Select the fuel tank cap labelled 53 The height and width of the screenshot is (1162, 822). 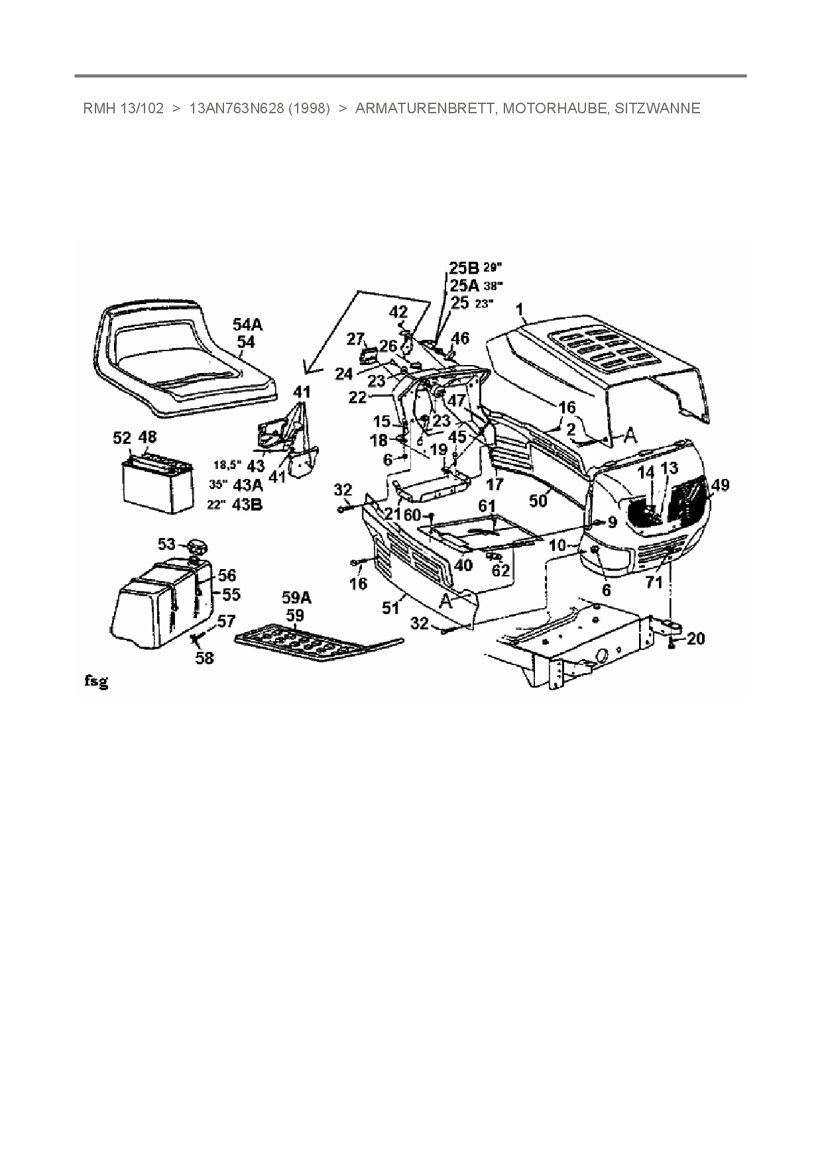[x=196, y=547]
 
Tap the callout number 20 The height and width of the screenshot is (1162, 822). [x=696, y=639]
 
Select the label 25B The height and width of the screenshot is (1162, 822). [x=463, y=268]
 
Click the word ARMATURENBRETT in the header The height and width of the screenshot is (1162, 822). [x=425, y=109]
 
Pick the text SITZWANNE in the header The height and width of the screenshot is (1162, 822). [x=657, y=109]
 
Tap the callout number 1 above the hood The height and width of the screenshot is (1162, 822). [x=520, y=309]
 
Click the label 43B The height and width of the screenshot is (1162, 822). [x=247, y=504]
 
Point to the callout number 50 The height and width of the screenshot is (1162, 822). [x=538, y=501]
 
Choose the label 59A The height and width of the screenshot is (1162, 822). [x=296, y=598]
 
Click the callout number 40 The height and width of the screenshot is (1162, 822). [x=463, y=564]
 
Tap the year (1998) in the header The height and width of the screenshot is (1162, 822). [x=309, y=109]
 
